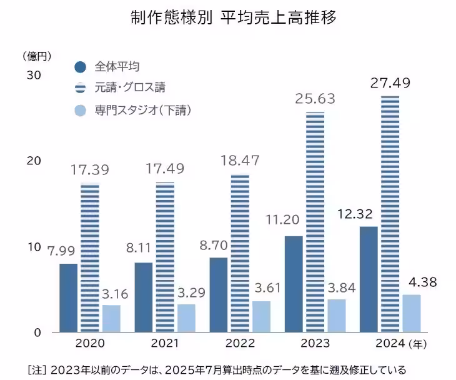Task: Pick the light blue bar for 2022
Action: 260,316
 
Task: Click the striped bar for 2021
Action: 165,257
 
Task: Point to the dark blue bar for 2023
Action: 294,284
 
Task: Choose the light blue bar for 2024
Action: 410,313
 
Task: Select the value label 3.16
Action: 113,293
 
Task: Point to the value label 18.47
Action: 240,159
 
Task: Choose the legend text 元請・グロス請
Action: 130,88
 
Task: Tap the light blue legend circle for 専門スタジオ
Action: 80,111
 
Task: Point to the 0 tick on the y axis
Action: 37,332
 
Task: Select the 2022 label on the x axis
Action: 240,344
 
